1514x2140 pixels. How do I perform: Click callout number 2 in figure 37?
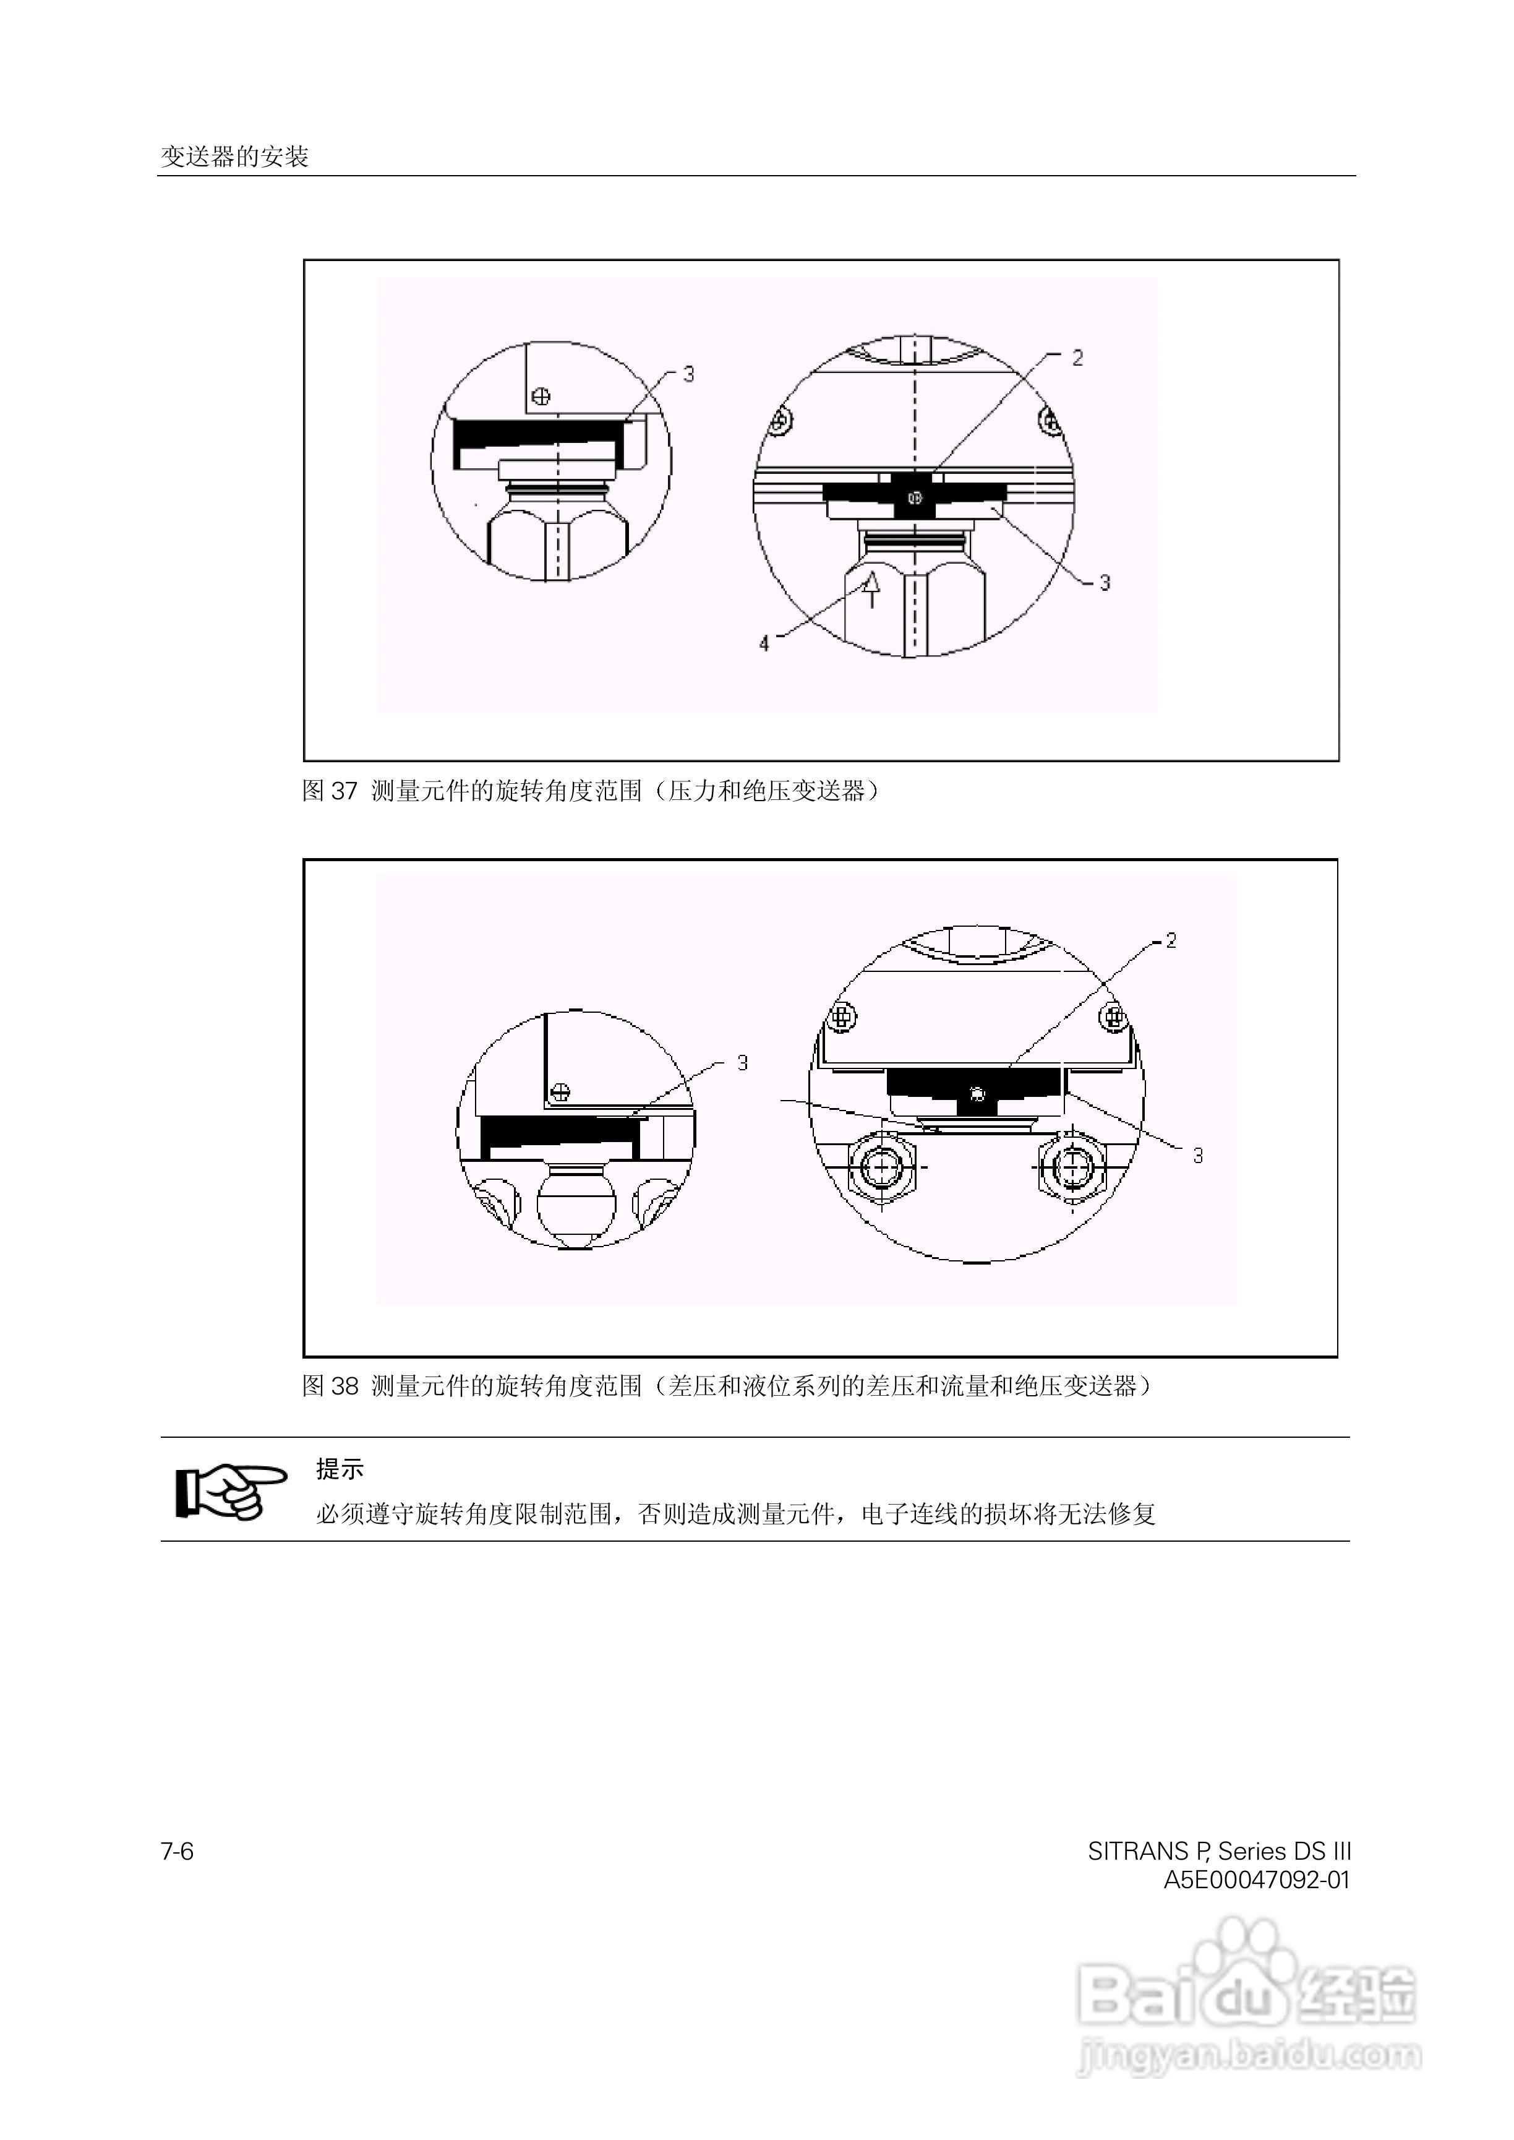click(1078, 358)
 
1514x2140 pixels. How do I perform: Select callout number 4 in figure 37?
click(764, 643)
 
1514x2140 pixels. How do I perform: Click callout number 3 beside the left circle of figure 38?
click(742, 1063)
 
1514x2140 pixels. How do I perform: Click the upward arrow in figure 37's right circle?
click(871, 590)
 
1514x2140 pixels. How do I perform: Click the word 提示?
click(340, 1469)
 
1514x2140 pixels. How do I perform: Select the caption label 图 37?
click(330, 791)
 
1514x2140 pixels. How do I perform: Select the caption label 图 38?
click(330, 1386)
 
